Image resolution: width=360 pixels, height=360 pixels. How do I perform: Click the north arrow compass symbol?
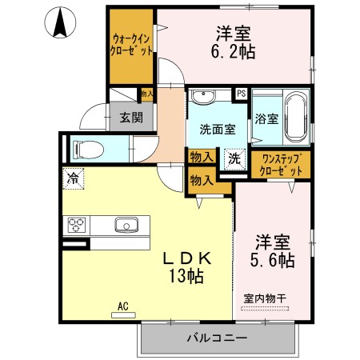pos(60,22)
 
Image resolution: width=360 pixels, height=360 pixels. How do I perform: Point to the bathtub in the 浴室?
pos(295,117)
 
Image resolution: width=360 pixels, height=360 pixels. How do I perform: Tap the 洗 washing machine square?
pos(235,158)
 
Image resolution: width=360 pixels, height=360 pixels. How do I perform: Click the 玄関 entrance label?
pos(131,117)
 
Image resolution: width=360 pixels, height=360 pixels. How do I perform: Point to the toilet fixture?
pos(86,148)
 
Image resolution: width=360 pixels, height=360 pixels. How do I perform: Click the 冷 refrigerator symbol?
pos(74,177)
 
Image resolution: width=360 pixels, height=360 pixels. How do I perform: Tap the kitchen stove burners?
pos(76,224)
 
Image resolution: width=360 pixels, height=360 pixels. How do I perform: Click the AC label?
pos(123,306)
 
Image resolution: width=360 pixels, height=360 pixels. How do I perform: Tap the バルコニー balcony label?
pos(218,337)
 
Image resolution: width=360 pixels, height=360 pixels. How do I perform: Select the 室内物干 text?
pos(264,298)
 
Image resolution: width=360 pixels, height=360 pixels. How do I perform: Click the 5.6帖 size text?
pos(273,259)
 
